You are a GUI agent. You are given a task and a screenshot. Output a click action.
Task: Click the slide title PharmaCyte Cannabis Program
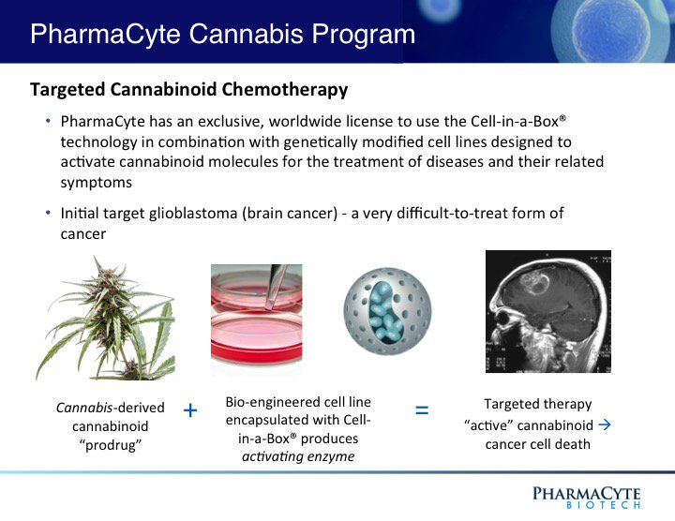point(222,35)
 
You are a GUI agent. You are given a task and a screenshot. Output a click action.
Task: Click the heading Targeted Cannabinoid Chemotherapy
point(188,90)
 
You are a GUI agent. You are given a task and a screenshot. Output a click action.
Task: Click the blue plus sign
point(190,410)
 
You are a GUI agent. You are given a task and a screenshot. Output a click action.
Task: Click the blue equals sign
point(422,410)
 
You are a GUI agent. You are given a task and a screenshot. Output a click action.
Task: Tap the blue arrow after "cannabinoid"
point(604,424)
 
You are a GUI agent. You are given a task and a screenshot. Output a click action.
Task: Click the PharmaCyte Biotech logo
point(587,497)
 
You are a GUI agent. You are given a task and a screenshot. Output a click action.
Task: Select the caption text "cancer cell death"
point(537,442)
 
